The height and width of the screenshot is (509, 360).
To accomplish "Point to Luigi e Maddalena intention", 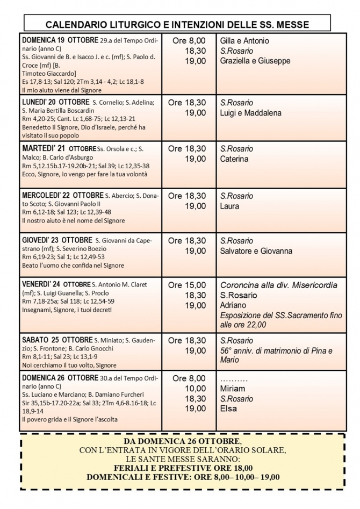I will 250,113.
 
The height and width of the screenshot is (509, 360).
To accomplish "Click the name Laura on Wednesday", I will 230,206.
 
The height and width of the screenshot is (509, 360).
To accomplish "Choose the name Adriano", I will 234,305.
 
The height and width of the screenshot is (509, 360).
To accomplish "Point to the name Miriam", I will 233,389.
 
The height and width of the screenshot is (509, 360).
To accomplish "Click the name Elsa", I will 229,409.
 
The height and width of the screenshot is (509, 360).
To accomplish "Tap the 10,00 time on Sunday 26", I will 196,389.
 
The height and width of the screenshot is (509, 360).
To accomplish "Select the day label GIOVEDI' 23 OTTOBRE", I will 57,240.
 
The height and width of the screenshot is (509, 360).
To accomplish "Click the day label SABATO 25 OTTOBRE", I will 57,340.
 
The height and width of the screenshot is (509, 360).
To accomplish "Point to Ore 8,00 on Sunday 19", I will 189,41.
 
